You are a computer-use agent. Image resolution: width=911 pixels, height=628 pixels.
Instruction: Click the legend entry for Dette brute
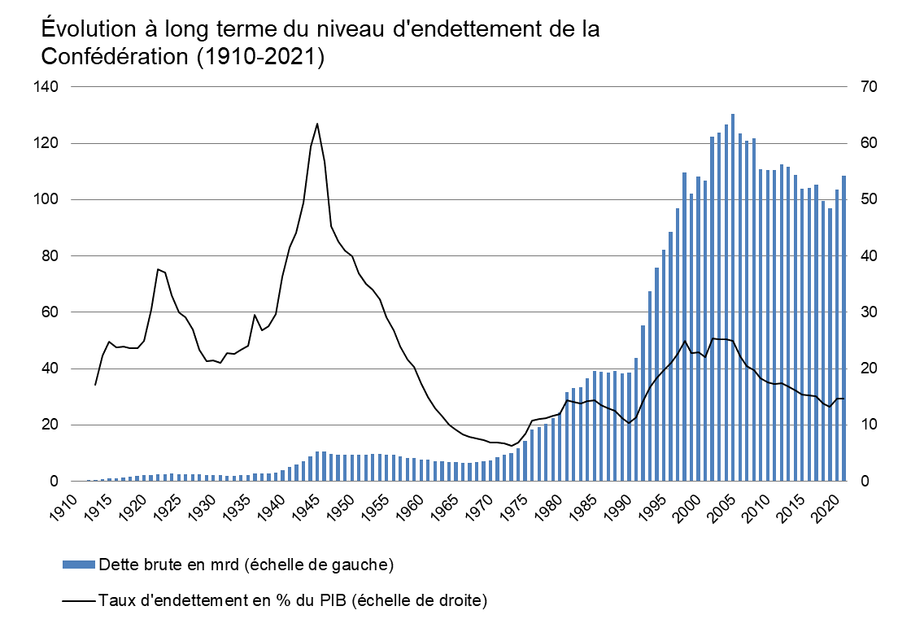point(245,565)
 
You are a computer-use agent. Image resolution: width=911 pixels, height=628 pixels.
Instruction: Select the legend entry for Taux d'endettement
point(292,601)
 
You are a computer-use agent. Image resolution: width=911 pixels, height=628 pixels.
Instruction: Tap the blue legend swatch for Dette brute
point(79,565)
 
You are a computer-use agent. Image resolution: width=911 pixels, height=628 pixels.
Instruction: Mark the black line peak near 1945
point(317,124)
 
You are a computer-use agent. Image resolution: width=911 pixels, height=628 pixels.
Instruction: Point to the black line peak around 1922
point(158,268)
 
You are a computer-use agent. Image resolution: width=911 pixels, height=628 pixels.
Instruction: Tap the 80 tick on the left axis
point(47,255)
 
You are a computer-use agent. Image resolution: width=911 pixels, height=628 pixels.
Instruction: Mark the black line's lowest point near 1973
point(512,446)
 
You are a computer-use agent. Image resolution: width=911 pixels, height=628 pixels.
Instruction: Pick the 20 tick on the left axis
point(47,425)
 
